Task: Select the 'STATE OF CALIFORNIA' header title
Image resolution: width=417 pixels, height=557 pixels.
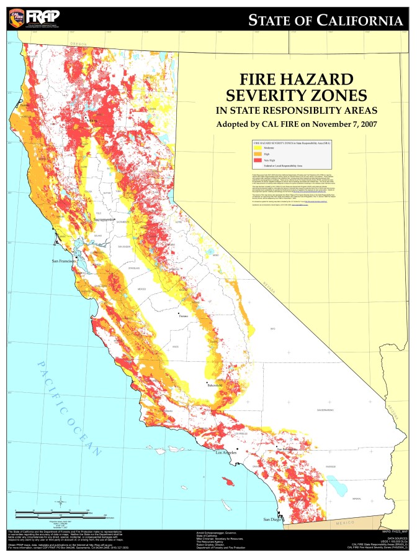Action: [x=325, y=21]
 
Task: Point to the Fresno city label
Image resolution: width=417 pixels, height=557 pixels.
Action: [x=183, y=317]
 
